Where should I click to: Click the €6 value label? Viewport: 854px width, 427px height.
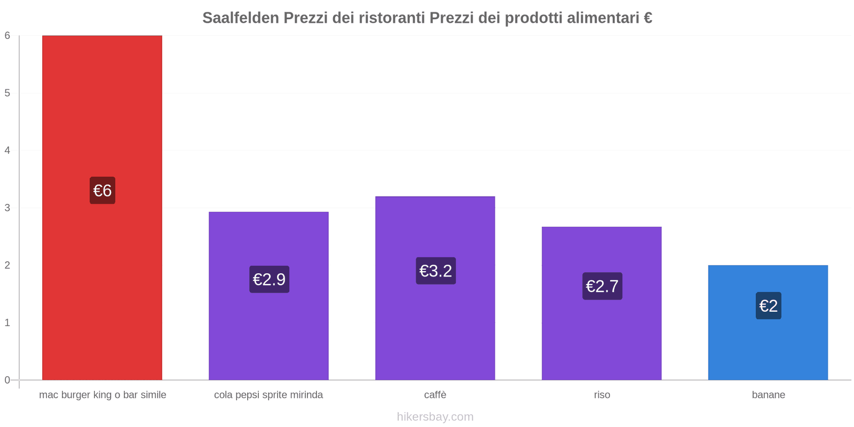point(102,191)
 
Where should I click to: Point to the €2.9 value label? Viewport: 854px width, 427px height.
point(269,279)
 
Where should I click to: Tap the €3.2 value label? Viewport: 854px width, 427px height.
point(436,271)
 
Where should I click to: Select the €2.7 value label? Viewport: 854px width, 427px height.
point(602,286)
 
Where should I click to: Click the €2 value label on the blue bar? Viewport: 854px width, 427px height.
point(768,306)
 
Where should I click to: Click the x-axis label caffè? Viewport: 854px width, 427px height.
point(435,395)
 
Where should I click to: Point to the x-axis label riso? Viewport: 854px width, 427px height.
point(602,395)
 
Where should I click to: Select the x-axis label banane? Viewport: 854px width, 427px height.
point(768,395)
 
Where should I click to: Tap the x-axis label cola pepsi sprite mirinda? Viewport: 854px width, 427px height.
point(268,395)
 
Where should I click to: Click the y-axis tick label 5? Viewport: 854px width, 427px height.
point(7,93)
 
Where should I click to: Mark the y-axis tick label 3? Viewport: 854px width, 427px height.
point(7,208)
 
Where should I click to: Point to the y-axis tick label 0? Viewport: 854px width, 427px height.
point(7,380)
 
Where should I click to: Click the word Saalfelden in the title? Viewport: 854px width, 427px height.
point(240,18)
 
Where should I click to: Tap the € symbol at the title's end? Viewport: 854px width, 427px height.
point(647,18)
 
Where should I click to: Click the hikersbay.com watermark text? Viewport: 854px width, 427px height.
point(435,416)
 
